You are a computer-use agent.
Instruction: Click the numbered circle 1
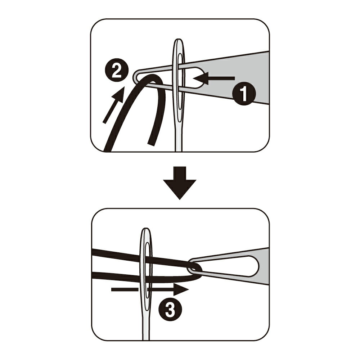[244, 94]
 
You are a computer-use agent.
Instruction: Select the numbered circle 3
[170, 309]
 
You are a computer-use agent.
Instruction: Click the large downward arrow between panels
[180, 183]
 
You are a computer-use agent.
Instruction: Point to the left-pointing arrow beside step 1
[214, 78]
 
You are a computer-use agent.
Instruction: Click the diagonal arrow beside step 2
[114, 105]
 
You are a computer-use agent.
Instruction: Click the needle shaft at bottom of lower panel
[145, 330]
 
